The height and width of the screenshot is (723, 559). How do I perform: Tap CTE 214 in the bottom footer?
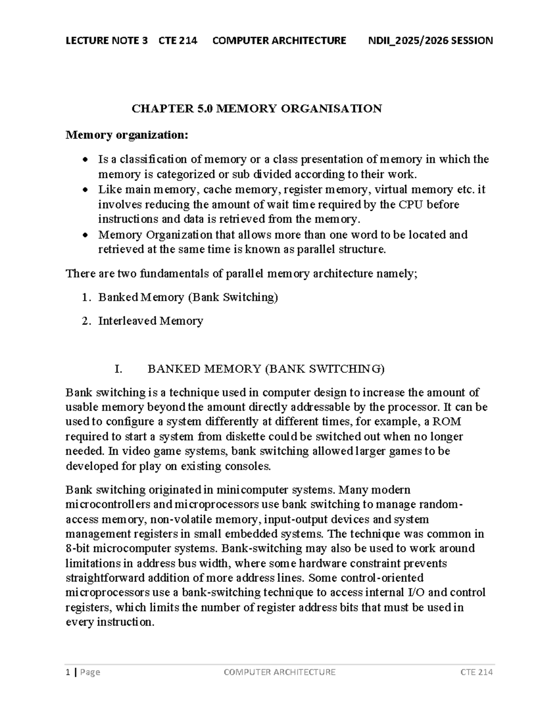coord(476,672)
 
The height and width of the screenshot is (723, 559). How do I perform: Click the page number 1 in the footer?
coord(68,672)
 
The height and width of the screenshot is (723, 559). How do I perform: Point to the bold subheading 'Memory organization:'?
coord(127,135)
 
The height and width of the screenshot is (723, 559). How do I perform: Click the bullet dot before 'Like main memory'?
coord(84,190)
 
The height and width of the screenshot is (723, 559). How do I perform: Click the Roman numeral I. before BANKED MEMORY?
coord(118,369)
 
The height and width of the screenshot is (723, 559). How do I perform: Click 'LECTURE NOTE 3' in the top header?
coord(107,41)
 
